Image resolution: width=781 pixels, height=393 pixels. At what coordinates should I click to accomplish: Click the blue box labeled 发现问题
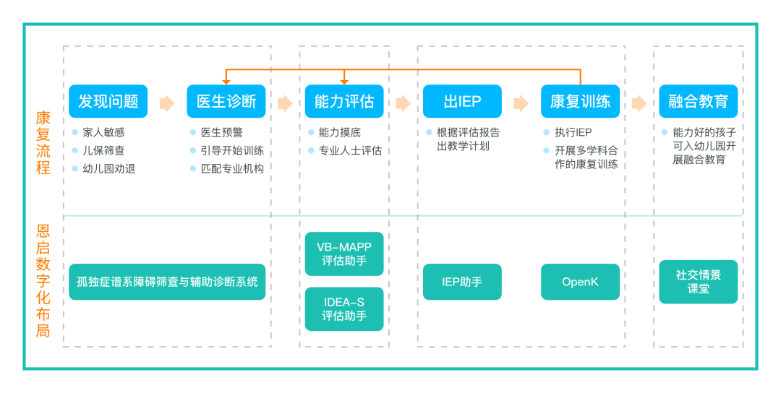108,101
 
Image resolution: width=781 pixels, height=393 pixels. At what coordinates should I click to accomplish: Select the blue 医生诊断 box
226,101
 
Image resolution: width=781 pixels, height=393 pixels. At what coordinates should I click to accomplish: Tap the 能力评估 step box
344,101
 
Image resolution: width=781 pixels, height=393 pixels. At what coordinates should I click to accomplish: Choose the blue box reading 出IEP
462,101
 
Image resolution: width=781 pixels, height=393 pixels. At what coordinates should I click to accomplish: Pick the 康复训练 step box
580,101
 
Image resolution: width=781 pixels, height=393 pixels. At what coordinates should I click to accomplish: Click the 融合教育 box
698,101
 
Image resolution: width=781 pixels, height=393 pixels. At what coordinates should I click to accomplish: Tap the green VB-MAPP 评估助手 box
344,254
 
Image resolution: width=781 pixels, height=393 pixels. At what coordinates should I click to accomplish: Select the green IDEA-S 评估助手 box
344,309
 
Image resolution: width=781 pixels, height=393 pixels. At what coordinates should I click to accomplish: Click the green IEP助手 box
462,282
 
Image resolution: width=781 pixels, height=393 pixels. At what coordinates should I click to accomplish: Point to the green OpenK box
580,282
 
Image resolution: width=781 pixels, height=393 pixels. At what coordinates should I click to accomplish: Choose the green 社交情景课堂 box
698,282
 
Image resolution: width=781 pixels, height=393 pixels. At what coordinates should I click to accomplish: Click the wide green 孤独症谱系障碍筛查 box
167,282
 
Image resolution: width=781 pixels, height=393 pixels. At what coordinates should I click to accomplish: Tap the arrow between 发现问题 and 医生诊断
167,103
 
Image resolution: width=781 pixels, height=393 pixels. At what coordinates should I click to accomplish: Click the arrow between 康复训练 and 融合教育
639,103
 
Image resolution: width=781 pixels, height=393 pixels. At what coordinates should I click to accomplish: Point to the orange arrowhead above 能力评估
344,81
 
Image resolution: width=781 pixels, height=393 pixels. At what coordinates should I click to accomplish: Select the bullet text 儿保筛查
103,150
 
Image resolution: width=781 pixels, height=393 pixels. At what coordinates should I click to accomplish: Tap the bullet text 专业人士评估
350,150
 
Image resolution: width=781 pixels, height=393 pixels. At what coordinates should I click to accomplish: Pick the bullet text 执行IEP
573,132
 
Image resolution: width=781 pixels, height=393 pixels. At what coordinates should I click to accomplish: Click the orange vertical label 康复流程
43,143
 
